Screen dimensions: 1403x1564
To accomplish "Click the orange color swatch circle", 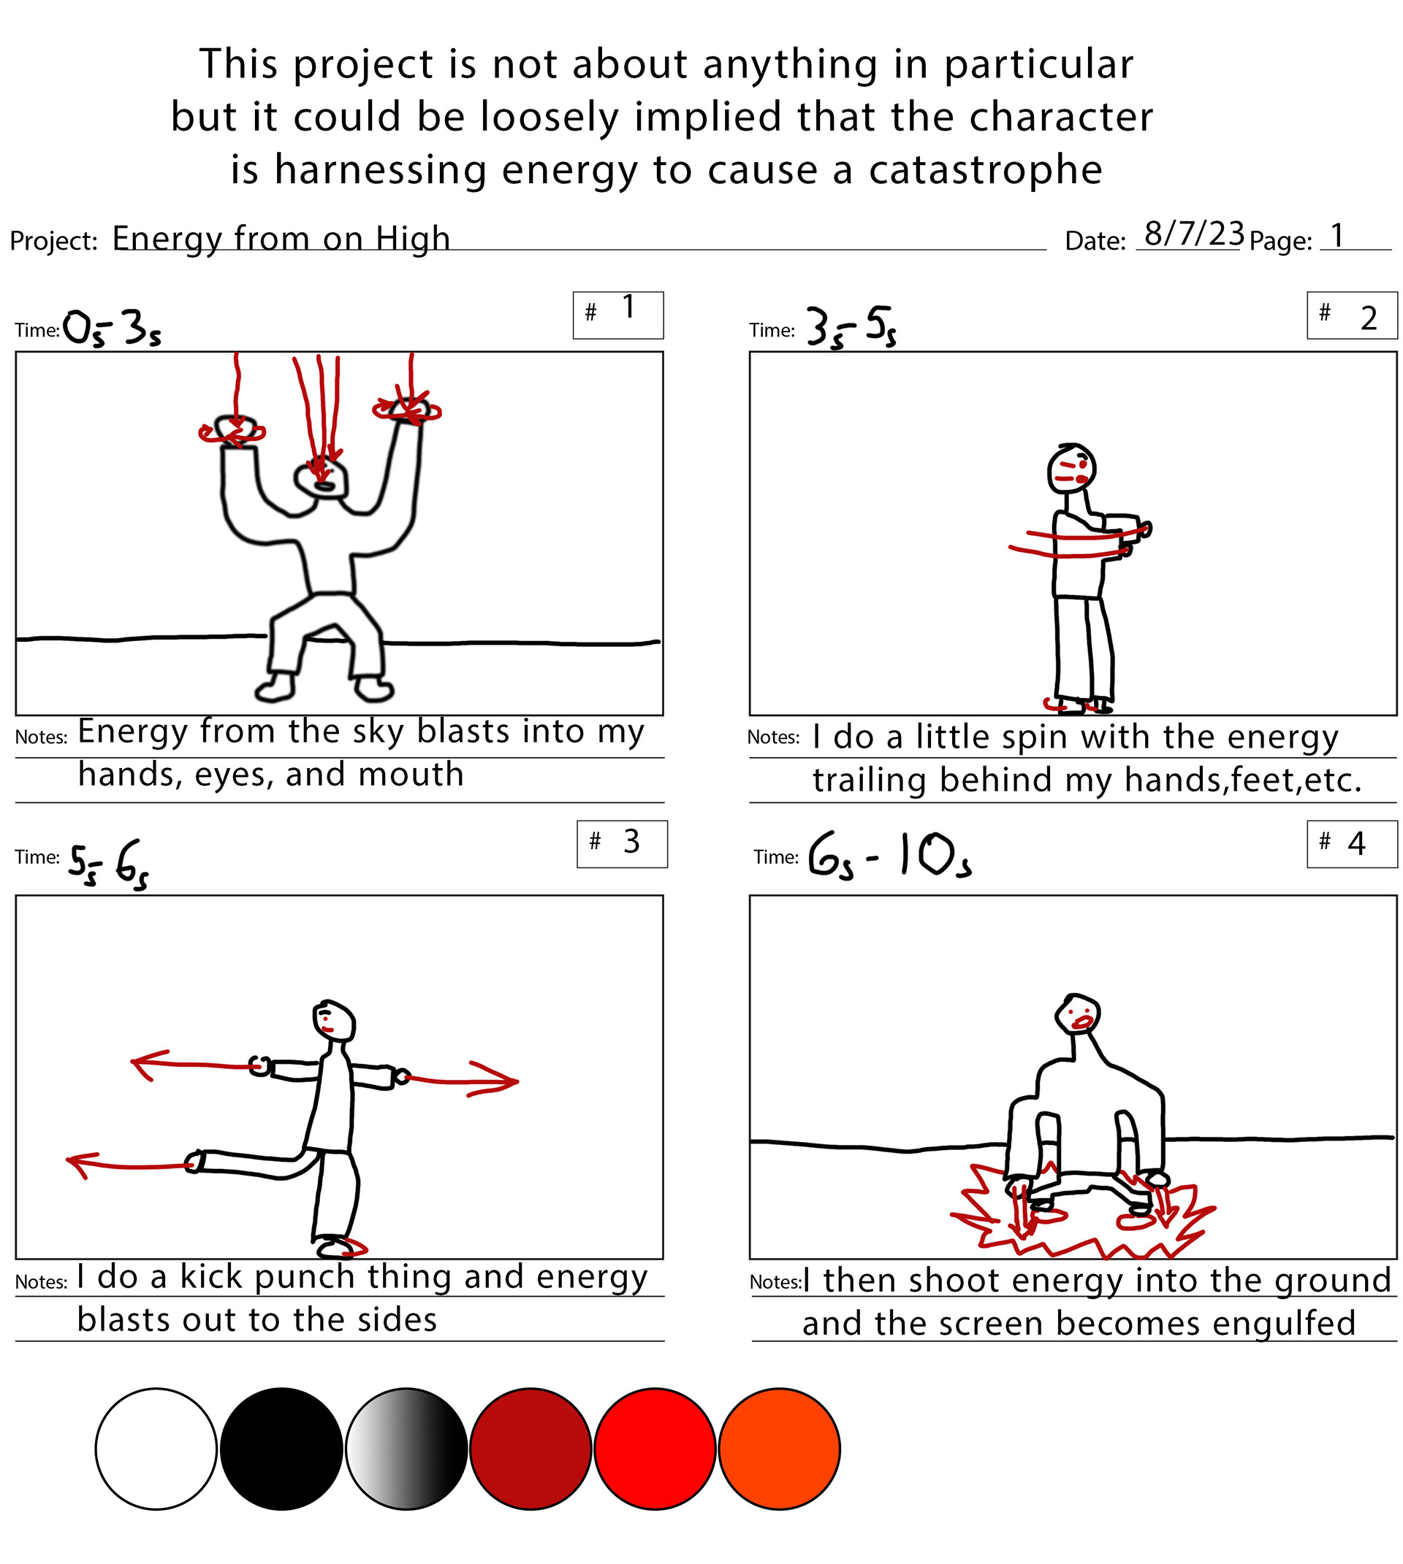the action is pos(780,1449).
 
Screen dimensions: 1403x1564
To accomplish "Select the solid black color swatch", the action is pos(281,1449).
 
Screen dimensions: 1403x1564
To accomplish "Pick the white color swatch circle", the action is pos(156,1449).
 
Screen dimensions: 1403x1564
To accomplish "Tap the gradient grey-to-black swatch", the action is pos(406,1449).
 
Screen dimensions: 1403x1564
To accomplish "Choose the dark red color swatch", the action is pos(531,1449).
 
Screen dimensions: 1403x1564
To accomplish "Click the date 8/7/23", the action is pos(1194,234).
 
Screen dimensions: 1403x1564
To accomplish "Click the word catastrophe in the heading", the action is pos(985,169).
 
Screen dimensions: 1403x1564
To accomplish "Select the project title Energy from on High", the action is pos(281,239).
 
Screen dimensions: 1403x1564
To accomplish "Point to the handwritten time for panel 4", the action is pos(889,856).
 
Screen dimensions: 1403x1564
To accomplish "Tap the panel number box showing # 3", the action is pos(622,843).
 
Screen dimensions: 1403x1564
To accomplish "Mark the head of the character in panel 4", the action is pos(1078,1013).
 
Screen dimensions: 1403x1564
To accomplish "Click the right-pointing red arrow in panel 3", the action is pos(461,1079).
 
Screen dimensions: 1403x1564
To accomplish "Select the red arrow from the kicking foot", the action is pos(129,1164).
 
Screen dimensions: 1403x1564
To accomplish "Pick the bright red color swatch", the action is pos(655,1449).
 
